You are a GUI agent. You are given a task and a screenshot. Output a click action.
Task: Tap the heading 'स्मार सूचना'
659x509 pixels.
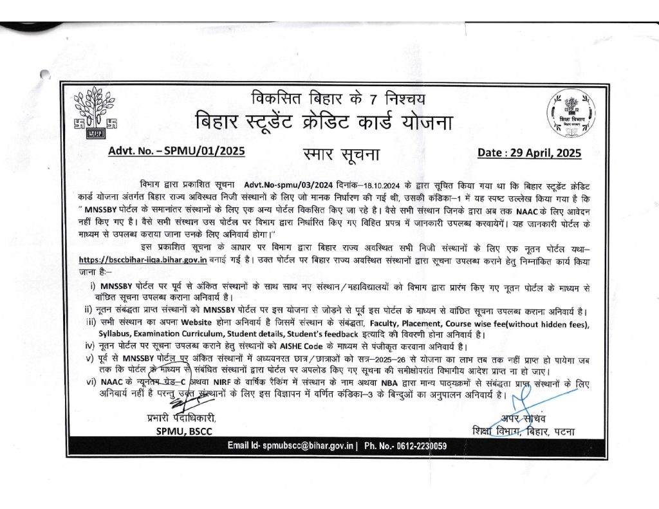tap(340, 154)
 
